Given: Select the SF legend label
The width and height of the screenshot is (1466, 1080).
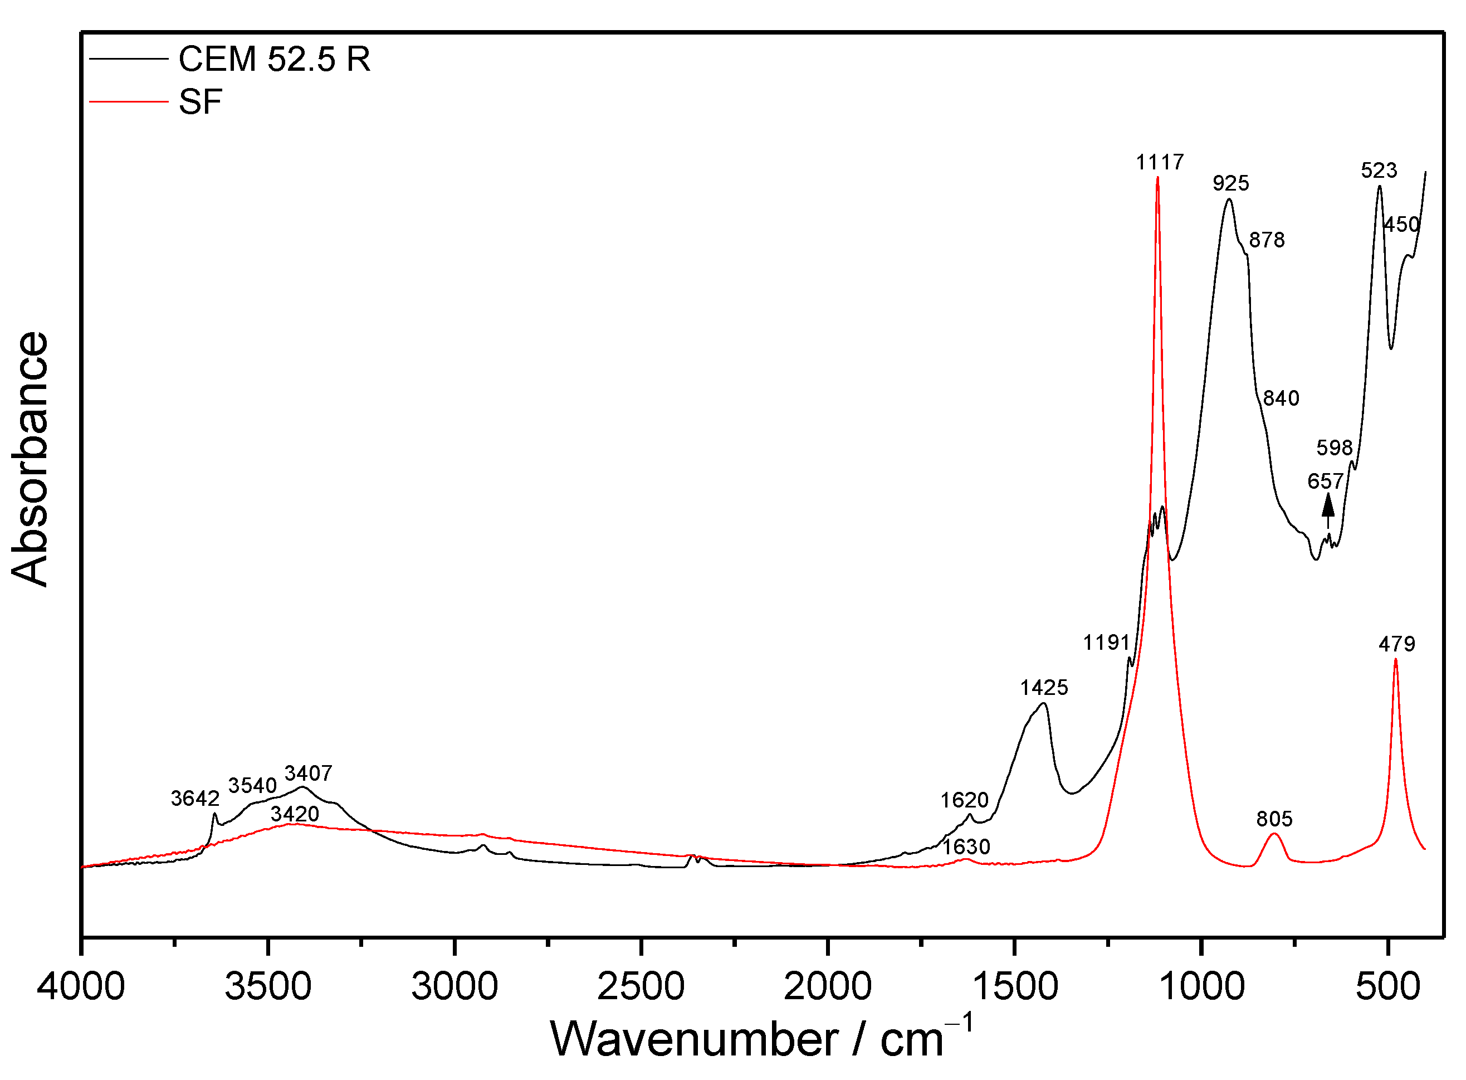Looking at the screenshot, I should [200, 102].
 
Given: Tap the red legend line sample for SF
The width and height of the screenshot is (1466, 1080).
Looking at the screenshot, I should [129, 101].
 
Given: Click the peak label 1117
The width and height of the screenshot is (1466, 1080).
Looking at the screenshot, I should [1160, 162].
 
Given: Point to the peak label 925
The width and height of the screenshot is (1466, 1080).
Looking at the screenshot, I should [1231, 183].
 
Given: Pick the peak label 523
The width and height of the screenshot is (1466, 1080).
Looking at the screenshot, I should [1379, 171].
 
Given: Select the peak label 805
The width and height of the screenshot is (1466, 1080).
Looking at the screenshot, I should [1274, 819].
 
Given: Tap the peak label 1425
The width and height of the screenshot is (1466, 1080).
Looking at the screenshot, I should [1044, 687].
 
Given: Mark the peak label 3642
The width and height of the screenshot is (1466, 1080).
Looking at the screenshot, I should [195, 798].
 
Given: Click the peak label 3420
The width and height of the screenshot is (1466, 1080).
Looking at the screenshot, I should [295, 814].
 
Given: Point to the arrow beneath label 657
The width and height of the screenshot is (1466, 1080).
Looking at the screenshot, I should [1327, 510].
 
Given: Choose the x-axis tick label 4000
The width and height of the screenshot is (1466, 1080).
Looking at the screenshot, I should [81, 986].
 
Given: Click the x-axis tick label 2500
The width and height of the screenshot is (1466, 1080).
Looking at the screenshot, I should [641, 986].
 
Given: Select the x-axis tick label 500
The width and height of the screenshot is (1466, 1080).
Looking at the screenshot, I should [1387, 986].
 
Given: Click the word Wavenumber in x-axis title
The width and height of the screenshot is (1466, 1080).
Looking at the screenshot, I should [694, 1039].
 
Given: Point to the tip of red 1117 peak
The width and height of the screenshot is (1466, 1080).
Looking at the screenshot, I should [1157, 177].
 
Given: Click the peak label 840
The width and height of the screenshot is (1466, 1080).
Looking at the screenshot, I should [1281, 398].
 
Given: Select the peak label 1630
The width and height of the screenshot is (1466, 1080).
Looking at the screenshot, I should [966, 847].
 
